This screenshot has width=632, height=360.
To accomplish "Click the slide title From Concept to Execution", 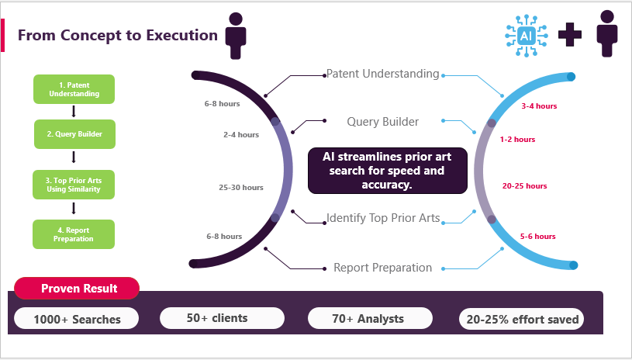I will click(x=117, y=36).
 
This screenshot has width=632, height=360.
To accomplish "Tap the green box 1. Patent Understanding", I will click(x=74, y=89).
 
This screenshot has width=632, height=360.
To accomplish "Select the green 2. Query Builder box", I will click(x=74, y=133).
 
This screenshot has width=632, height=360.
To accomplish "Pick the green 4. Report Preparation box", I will click(x=74, y=234).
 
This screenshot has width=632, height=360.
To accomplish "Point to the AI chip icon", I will click(x=526, y=36).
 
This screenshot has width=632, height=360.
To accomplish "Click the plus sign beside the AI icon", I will click(x=570, y=36).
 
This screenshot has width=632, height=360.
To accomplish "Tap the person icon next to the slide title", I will click(x=236, y=36).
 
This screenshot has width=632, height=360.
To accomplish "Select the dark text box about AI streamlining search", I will click(x=388, y=171).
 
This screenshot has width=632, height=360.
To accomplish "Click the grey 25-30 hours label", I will click(x=241, y=187).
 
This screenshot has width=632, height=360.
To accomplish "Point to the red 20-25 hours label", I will click(x=525, y=185).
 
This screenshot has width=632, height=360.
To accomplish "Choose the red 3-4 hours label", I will click(x=539, y=106).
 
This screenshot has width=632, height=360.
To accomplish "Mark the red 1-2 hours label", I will click(x=517, y=140).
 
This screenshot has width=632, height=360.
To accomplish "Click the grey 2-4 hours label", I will click(x=241, y=134).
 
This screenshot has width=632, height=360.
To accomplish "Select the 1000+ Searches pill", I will click(x=78, y=318).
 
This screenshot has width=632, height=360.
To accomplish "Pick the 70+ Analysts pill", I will click(x=368, y=317).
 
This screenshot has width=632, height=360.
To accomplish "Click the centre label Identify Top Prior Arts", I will click(x=383, y=217).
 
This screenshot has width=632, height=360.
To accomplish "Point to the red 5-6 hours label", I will click(x=537, y=236).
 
